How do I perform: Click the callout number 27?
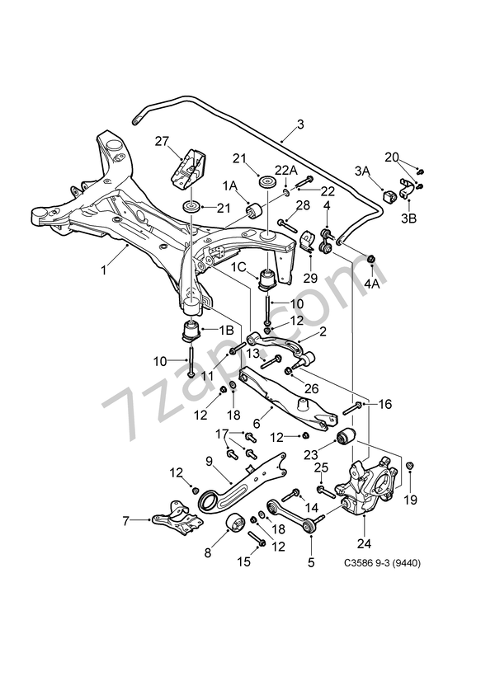coord(161,141)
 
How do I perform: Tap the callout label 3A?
coord(363,171)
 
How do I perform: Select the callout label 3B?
coord(409,219)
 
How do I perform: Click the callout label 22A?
coord(286,170)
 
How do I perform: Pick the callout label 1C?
coord(238,266)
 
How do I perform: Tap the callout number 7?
coord(125,519)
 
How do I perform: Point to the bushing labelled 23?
coord(346,434)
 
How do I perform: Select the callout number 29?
coord(309,279)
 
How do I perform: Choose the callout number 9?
coord(210,461)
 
